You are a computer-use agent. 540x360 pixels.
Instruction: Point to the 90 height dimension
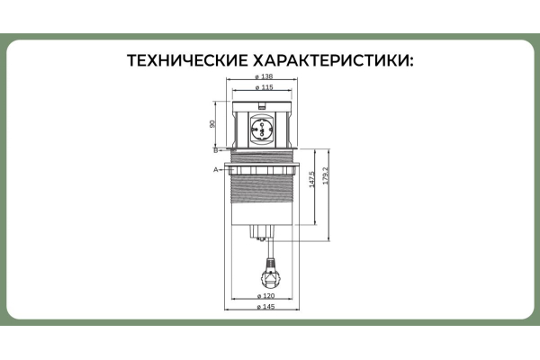[212, 124]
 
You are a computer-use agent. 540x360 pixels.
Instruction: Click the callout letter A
[215, 168]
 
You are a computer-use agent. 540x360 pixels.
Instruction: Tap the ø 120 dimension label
[266, 295]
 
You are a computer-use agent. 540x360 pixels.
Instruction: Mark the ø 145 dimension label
[266, 307]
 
